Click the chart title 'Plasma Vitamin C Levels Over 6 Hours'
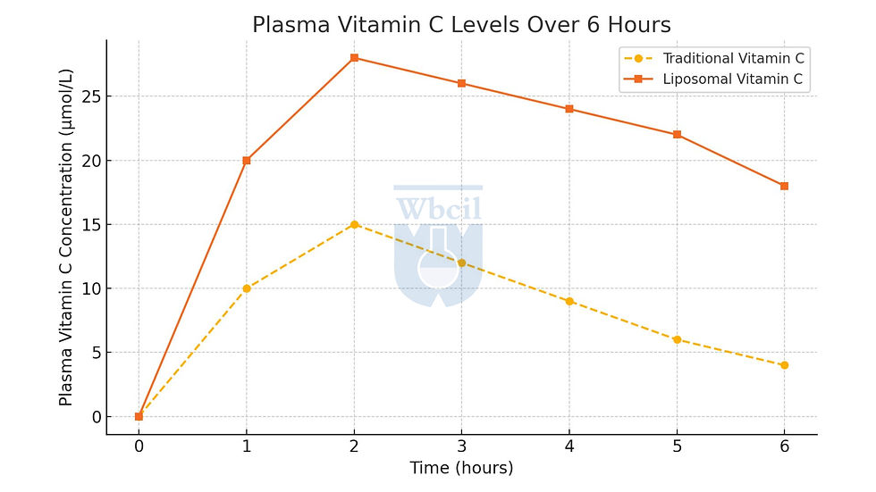[461, 25]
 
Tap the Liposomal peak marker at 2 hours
[354, 58]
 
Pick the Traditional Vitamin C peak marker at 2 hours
[354, 224]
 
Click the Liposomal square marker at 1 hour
[247, 161]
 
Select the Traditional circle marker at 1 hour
[247, 288]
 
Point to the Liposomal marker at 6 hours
[784, 186]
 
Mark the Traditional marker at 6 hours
[784, 365]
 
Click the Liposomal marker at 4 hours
[569, 109]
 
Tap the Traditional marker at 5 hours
[677, 339]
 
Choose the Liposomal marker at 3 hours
[461, 83]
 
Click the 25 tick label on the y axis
[87, 96]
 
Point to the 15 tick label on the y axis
[87, 224]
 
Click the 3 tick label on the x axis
[461, 446]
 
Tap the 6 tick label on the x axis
[784, 446]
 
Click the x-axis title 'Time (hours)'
[461, 468]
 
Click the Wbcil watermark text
[438, 209]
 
